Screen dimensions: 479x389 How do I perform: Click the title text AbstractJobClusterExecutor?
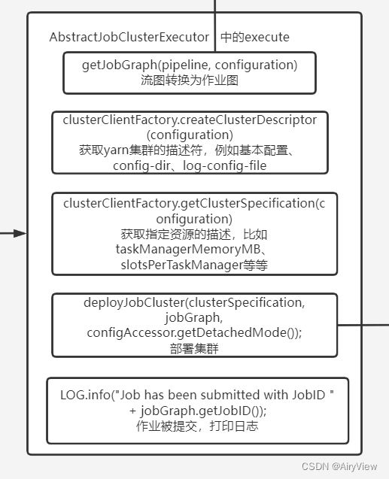(x=129, y=37)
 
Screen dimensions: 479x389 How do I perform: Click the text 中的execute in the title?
(x=255, y=37)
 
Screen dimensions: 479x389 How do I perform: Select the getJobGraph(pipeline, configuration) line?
(x=190, y=65)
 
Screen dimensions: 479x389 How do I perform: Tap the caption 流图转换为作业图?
(x=190, y=80)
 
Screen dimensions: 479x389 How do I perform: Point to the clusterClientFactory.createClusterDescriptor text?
(x=190, y=120)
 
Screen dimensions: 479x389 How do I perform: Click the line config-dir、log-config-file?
(x=190, y=165)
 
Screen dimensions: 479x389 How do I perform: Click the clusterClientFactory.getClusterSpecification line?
(x=190, y=203)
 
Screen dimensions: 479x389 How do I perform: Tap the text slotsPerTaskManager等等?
(x=193, y=265)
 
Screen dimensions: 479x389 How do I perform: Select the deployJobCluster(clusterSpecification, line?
(x=195, y=302)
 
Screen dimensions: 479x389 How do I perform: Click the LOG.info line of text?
(x=197, y=395)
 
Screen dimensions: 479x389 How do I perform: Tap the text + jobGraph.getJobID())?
(x=197, y=410)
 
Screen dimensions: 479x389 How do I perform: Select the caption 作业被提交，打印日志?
(x=197, y=426)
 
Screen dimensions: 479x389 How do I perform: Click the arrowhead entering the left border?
(x=22, y=233)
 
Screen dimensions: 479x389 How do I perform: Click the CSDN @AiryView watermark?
(x=339, y=466)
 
